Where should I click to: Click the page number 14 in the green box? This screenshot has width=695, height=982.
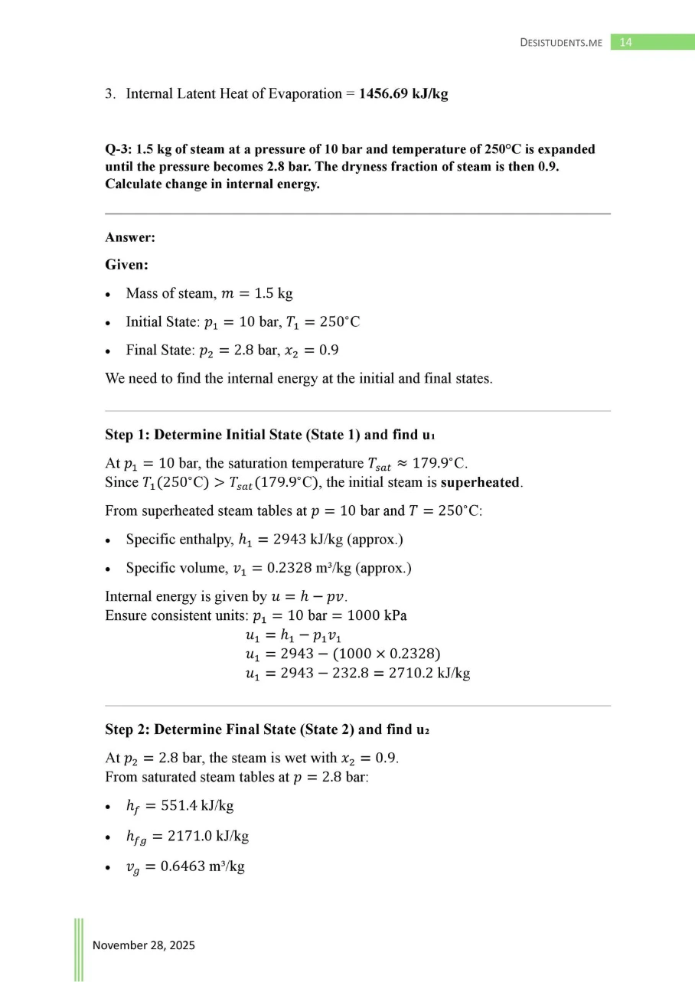pyautogui.click(x=625, y=42)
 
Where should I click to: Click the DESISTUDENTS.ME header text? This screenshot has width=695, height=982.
pyautogui.click(x=561, y=43)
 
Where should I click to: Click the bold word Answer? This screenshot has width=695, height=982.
pyautogui.click(x=130, y=238)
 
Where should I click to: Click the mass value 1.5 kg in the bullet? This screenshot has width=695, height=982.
pyautogui.click(x=273, y=294)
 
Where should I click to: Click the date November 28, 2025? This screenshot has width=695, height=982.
pyautogui.click(x=144, y=945)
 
